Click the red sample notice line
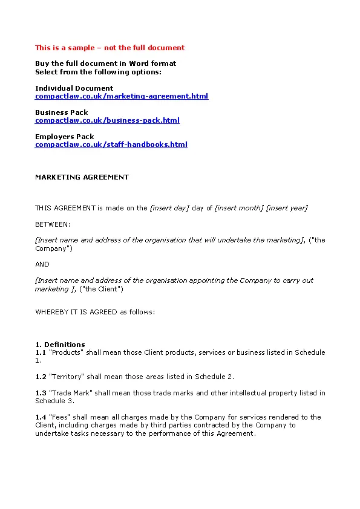(110, 48)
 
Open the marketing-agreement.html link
(122, 96)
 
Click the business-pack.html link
(107, 120)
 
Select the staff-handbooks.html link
(111, 144)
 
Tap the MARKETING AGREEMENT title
(82, 177)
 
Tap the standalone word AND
(42, 264)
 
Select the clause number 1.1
(41, 352)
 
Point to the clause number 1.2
(41, 377)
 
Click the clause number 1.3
(41, 393)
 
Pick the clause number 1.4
(41, 417)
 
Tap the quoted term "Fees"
(59, 417)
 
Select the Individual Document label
(74, 88)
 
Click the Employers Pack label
(65, 137)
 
